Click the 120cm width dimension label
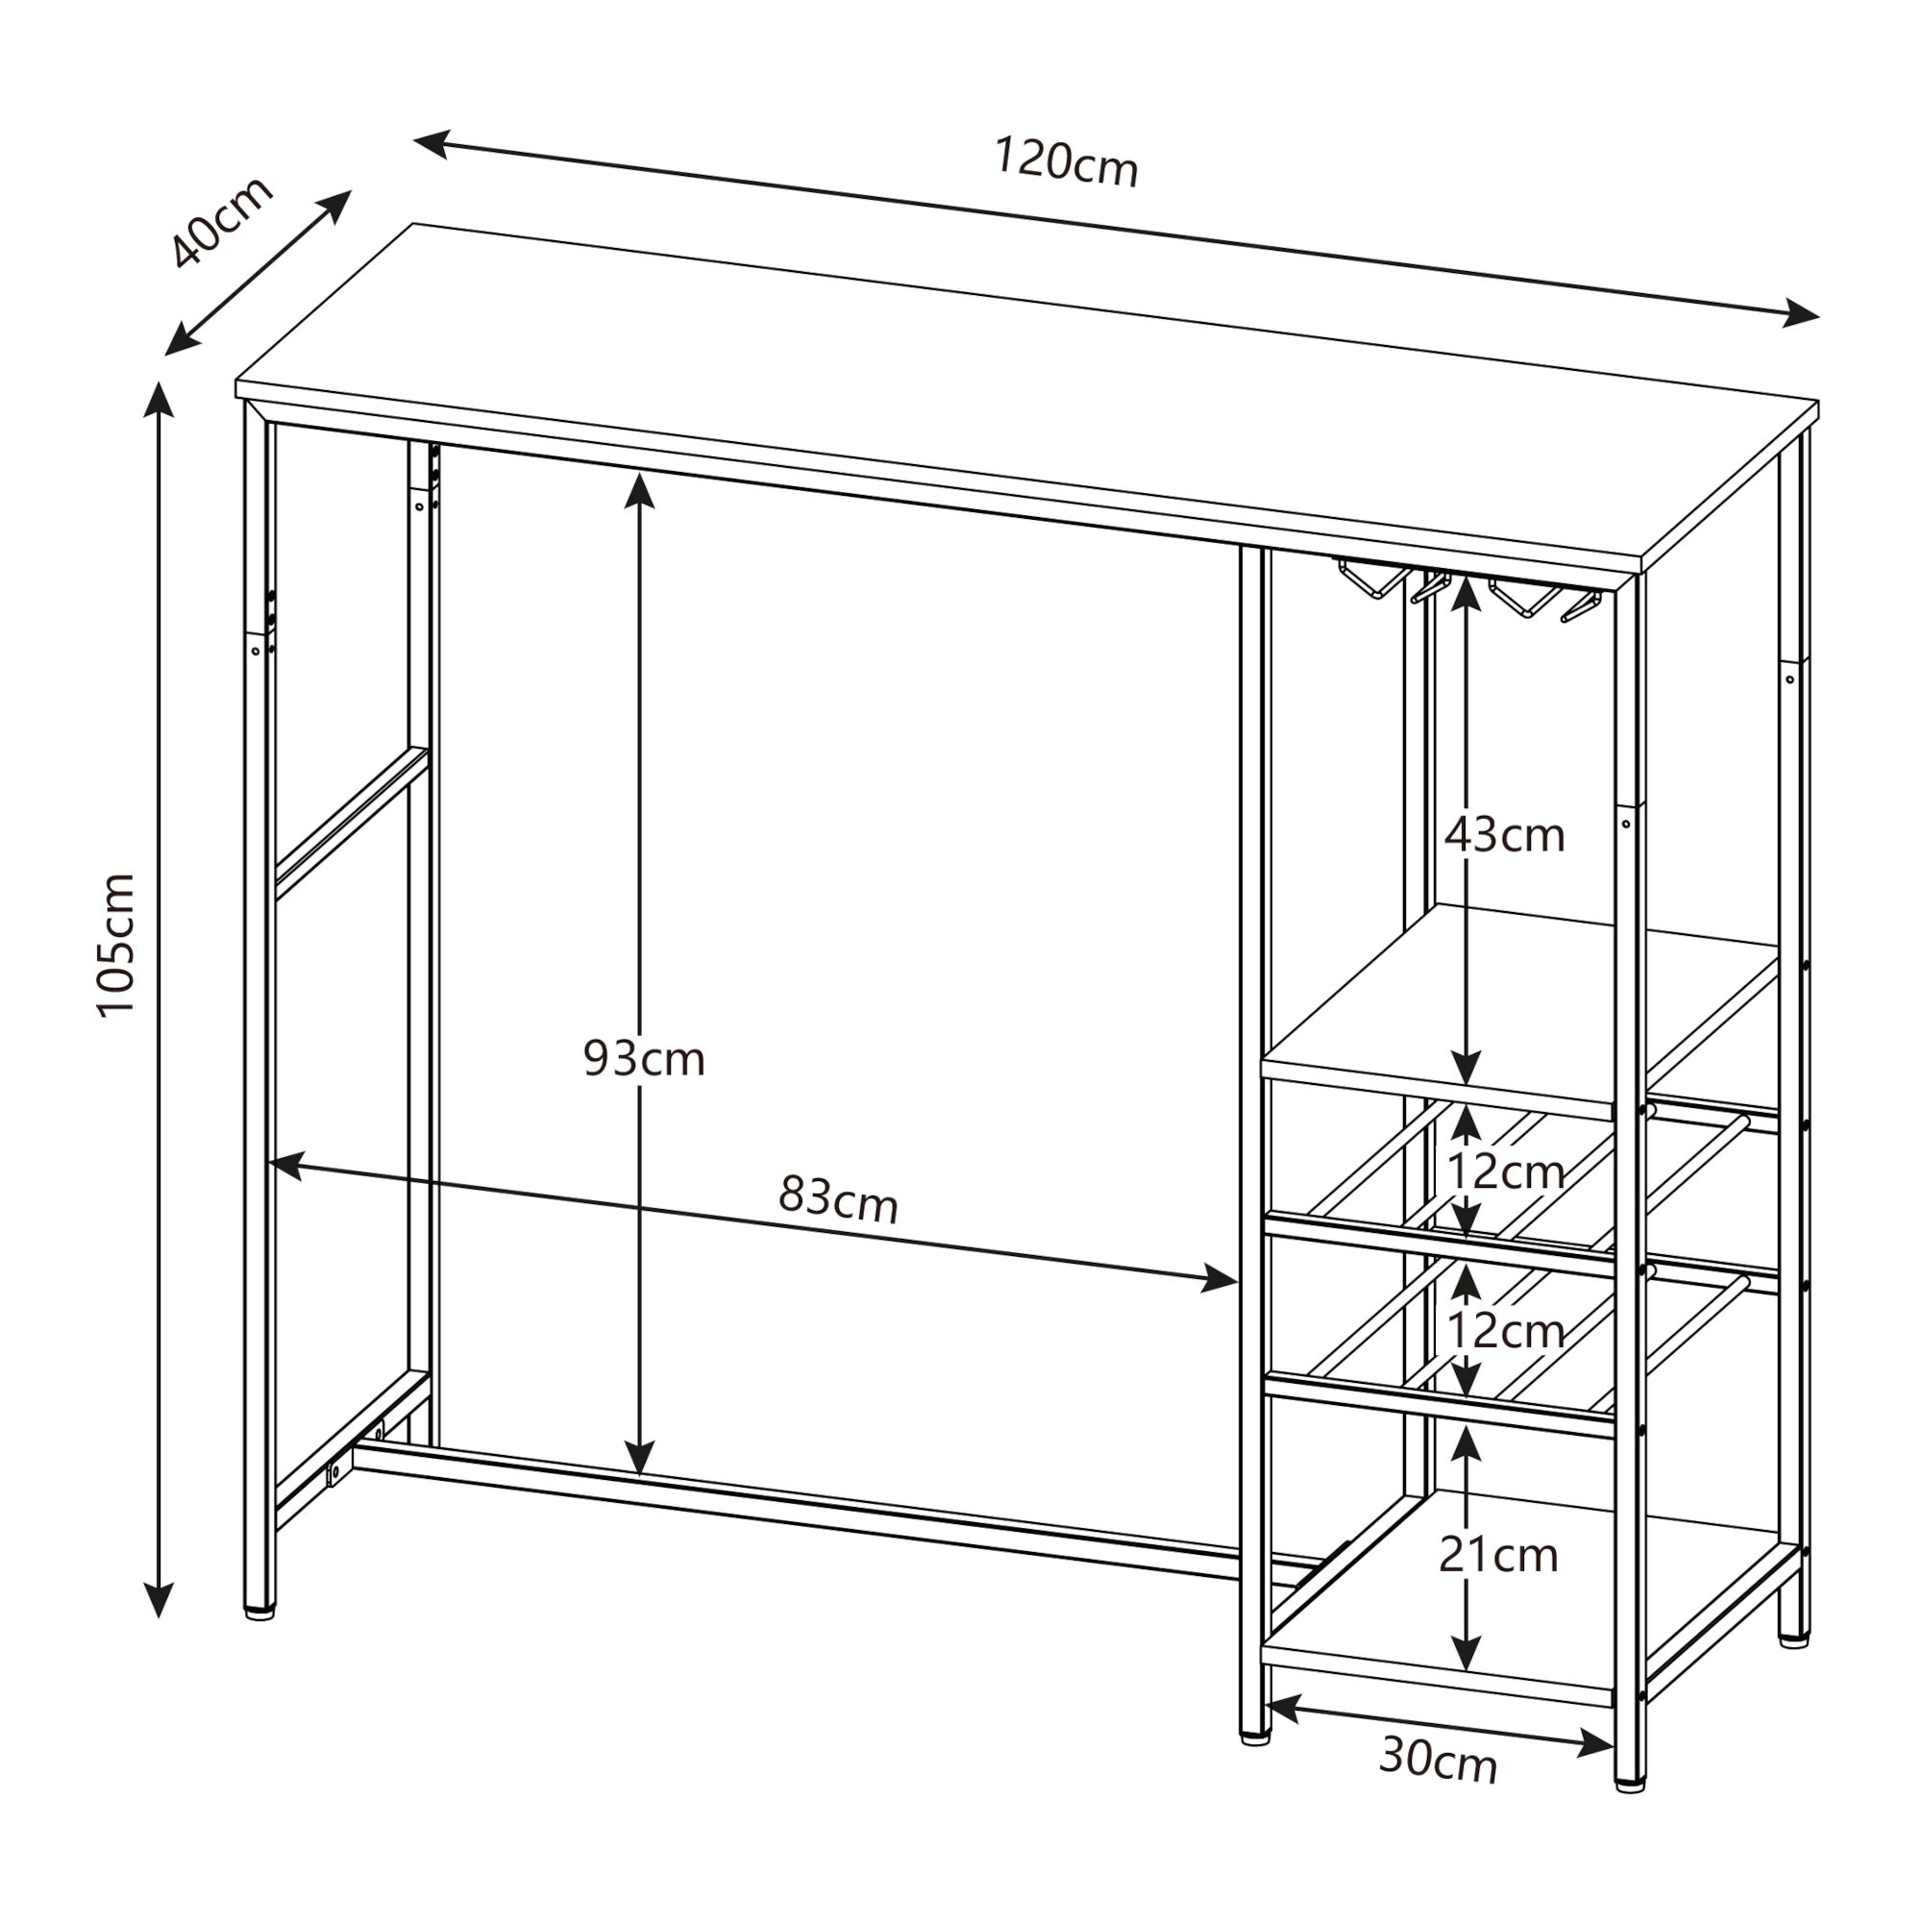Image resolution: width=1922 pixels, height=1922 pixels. pyautogui.click(x=1066, y=163)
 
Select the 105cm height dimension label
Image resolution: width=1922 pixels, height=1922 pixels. pyautogui.click(x=115, y=945)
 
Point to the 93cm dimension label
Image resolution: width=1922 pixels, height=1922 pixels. pyautogui.click(x=644, y=1057)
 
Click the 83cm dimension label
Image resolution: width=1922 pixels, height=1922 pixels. pyautogui.click(x=838, y=1198)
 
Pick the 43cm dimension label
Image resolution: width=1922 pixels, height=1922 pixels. pyautogui.click(x=1504, y=835)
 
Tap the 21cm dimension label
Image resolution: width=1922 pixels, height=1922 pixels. pyautogui.click(x=1498, y=1554)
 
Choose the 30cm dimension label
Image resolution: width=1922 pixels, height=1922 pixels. pyautogui.click(x=1439, y=1761)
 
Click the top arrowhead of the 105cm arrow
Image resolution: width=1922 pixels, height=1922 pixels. pyautogui.click(x=160, y=400)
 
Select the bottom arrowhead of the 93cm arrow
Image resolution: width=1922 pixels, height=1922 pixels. pyautogui.click(x=640, y=1458)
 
